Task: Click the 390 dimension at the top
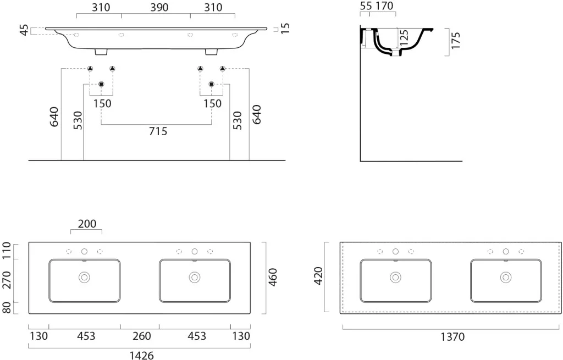pyautogui.click(x=159, y=8)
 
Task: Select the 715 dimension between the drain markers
pyautogui.click(x=158, y=131)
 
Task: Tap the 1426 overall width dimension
pyautogui.click(x=141, y=356)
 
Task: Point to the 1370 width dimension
pyautogui.click(x=452, y=337)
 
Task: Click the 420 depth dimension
pyautogui.click(x=318, y=276)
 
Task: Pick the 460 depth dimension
pyautogui.click(x=273, y=277)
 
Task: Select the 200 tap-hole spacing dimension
pyautogui.click(x=87, y=224)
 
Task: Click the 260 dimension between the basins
pyautogui.click(x=141, y=336)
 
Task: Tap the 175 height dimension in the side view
pyautogui.click(x=455, y=41)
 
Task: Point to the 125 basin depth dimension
pyautogui.click(x=404, y=38)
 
